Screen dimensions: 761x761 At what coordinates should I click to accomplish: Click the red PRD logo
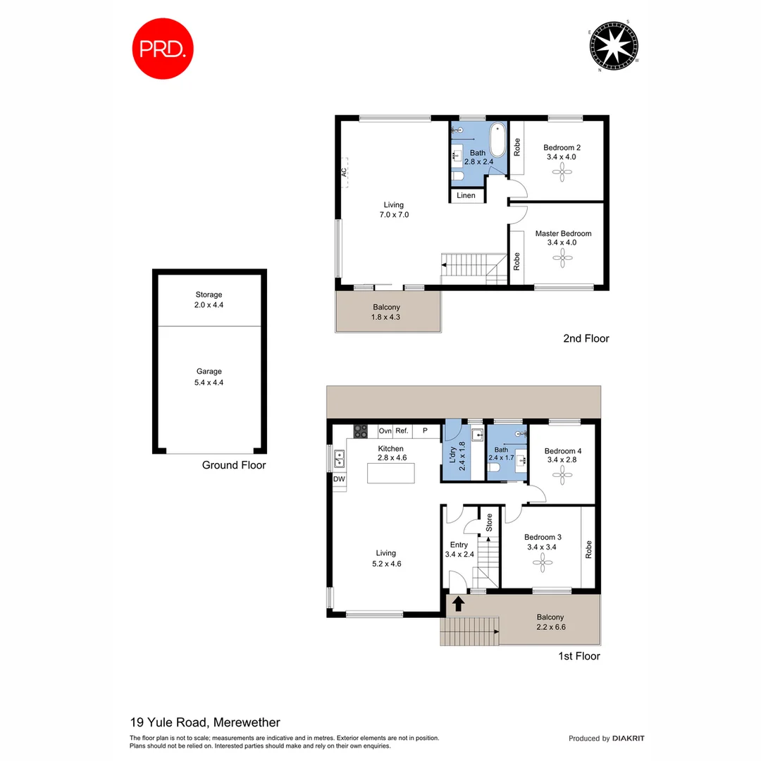(162, 48)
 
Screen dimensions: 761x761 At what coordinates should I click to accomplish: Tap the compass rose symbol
(613, 46)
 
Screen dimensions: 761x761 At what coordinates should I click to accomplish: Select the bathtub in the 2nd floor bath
(497, 140)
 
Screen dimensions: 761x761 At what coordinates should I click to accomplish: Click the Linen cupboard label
(466, 195)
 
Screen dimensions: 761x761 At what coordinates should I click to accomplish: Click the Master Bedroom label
(563, 233)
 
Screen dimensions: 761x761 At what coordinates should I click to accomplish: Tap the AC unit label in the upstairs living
(344, 172)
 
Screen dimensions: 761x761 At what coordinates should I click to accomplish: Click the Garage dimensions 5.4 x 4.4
(209, 383)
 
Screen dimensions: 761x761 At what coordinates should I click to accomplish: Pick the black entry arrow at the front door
(458, 603)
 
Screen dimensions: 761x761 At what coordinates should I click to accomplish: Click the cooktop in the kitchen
(361, 431)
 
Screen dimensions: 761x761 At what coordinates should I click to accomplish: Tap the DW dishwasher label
(339, 480)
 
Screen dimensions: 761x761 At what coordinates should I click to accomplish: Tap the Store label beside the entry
(488, 522)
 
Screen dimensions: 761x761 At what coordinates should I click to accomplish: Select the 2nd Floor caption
(586, 338)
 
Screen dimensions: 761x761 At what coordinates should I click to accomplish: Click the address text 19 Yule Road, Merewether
(205, 722)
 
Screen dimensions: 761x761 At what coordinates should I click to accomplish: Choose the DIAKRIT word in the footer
(628, 738)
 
